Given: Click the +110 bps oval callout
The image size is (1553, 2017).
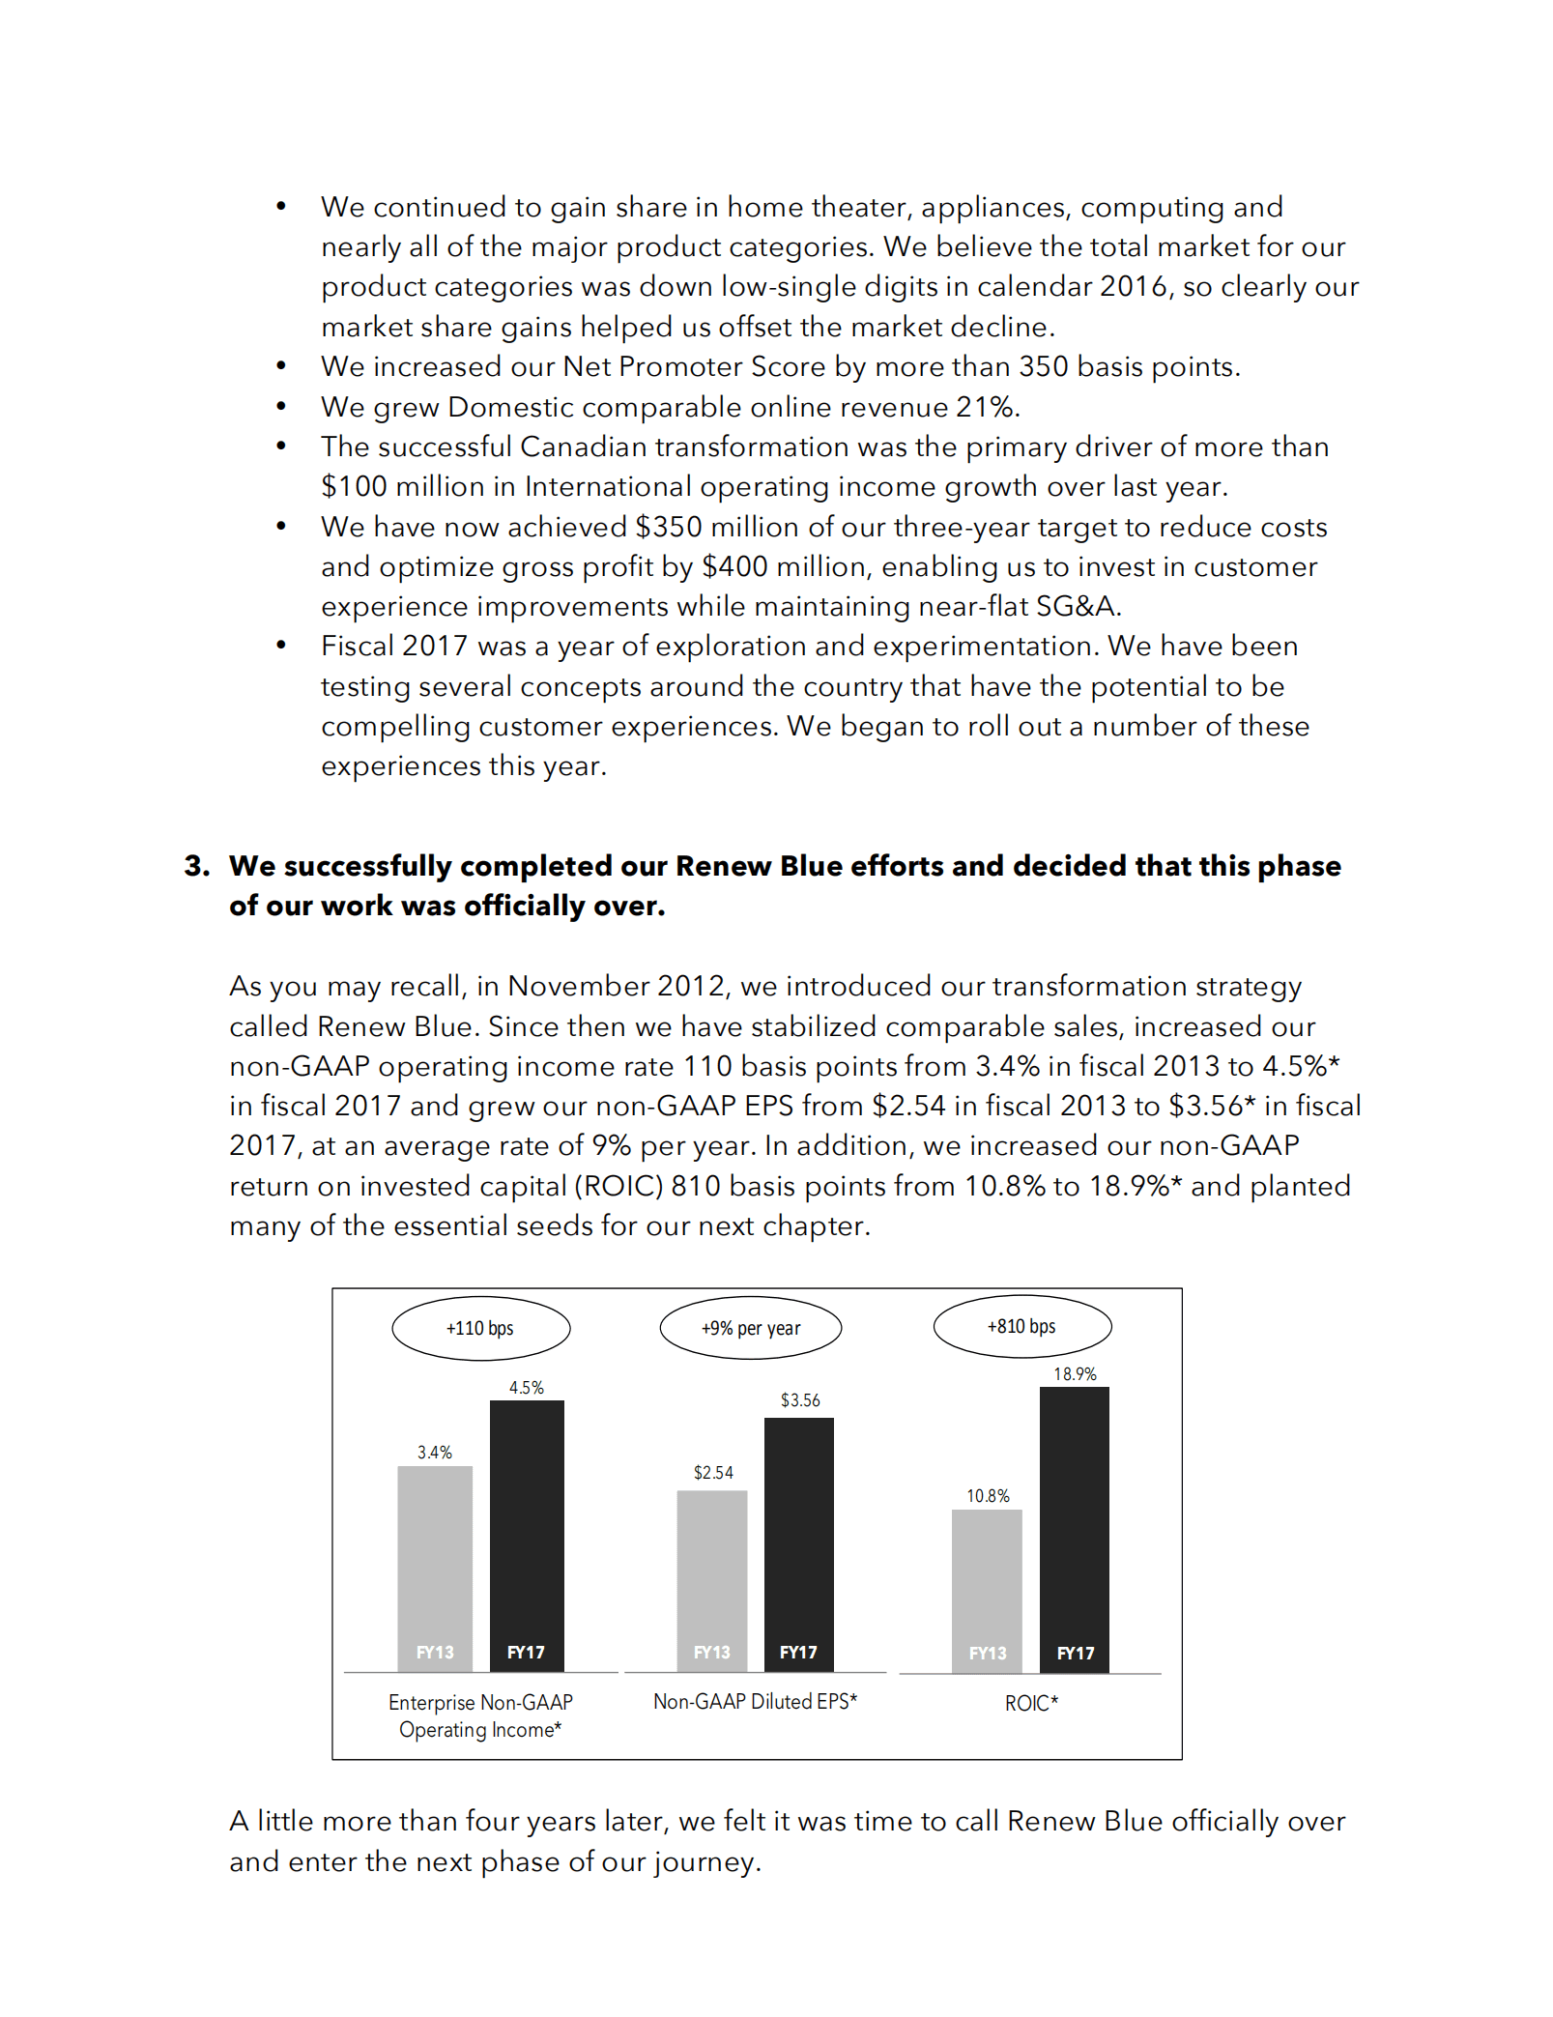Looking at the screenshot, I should pyautogui.click(x=480, y=1328).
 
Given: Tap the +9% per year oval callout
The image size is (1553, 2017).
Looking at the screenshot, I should pyautogui.click(x=750, y=1328).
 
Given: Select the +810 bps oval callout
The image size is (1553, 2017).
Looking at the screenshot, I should pyautogui.click(x=1021, y=1326).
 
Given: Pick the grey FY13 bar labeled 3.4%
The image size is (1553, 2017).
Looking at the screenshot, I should pyautogui.click(x=435, y=1566).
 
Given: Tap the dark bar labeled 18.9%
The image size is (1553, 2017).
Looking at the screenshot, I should pyautogui.click(x=1075, y=1527).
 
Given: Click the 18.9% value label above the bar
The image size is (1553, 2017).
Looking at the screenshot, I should pyautogui.click(x=1075, y=1373).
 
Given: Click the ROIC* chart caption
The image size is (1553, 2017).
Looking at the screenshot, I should pyautogui.click(x=1031, y=1703).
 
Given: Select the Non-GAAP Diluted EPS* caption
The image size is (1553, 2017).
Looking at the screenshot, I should pyautogui.click(x=755, y=1701).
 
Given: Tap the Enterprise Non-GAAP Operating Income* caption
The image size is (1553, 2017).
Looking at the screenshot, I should pyautogui.click(x=480, y=1715).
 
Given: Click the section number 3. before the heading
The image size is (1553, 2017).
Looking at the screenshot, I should pyautogui.click(x=197, y=866).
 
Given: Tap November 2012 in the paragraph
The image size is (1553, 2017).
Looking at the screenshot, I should pyautogui.click(x=617, y=986).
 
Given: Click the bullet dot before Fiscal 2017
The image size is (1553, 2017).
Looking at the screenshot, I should pyautogui.click(x=281, y=646).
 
